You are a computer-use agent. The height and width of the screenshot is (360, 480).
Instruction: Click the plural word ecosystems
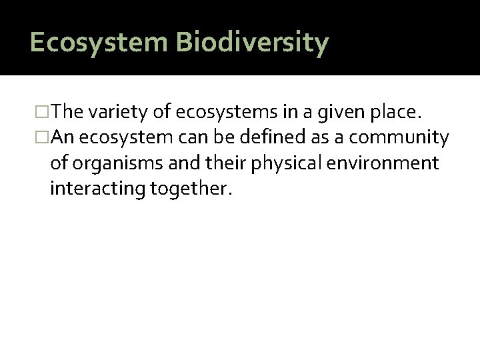click(x=222, y=114)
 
